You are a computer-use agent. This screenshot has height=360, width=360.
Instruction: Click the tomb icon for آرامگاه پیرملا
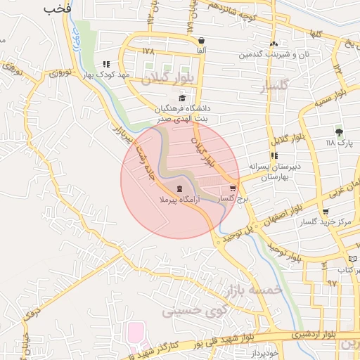coord(179,188)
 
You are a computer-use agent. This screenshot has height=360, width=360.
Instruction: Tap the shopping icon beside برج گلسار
coord(233,188)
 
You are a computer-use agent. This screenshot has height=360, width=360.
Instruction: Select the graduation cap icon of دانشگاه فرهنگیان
coord(183,98)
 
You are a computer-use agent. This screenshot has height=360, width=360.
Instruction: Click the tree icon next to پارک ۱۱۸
coord(340,131)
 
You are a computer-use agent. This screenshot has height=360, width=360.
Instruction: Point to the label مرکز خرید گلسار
coord(325,222)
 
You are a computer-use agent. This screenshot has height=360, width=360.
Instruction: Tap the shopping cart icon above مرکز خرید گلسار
coord(325,212)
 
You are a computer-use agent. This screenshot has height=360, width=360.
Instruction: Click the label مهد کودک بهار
coord(115,74)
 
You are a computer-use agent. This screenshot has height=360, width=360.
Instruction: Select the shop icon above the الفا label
coord(202,40)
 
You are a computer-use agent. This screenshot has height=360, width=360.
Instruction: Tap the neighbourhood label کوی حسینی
coord(188,309)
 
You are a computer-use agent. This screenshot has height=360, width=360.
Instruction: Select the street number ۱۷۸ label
coord(148,51)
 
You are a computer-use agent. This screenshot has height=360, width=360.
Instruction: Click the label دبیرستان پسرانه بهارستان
coord(266,172)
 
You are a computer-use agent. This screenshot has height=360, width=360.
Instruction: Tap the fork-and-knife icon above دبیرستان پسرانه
coord(274,156)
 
